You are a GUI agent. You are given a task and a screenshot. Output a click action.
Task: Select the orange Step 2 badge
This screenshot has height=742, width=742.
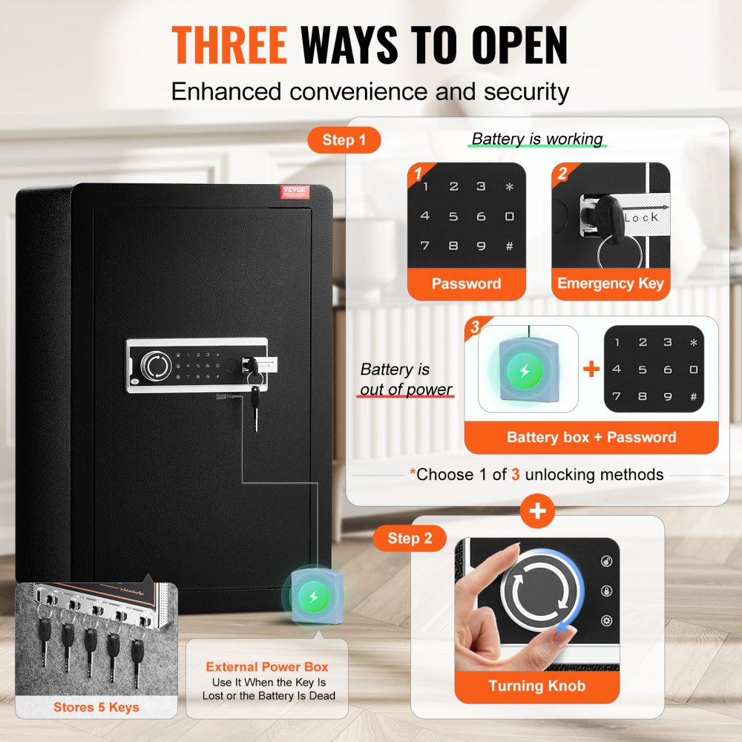(410, 538)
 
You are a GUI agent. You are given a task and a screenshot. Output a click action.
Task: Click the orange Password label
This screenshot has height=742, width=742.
(466, 283)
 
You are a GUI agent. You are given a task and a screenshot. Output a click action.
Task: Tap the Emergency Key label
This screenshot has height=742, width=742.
(610, 283)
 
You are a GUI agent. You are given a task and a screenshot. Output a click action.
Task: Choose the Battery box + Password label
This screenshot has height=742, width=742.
(591, 437)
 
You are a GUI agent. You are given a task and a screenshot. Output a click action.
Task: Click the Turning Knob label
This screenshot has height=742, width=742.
(536, 686)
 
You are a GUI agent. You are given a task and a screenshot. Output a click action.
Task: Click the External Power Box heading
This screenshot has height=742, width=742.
(267, 667)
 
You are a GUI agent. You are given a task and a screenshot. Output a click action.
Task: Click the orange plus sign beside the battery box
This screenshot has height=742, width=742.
(591, 369)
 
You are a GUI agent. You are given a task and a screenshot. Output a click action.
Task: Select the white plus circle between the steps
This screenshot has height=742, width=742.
(537, 511)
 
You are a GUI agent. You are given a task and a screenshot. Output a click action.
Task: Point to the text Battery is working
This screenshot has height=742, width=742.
(537, 139)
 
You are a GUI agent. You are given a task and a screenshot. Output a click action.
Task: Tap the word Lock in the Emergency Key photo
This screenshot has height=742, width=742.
(641, 217)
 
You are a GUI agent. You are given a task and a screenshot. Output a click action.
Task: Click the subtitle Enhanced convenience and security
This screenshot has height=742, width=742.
(370, 91)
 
